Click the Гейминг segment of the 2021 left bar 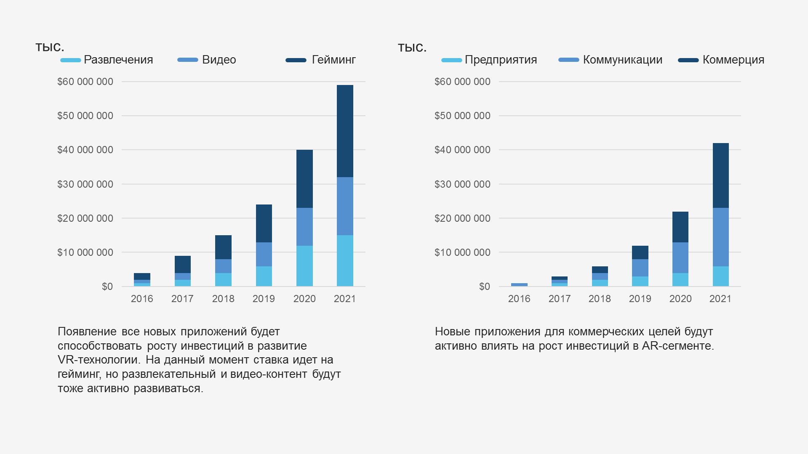point(345,131)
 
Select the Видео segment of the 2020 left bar point(304,226)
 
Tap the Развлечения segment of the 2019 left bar point(264,276)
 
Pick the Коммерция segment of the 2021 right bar point(720,175)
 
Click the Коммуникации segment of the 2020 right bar point(680,258)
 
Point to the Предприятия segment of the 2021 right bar point(720,276)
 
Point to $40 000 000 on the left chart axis point(85,150)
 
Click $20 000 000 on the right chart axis point(462,218)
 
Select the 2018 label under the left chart point(223,299)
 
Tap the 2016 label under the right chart point(519,299)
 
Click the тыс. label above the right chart point(412,48)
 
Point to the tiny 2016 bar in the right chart point(519,285)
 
